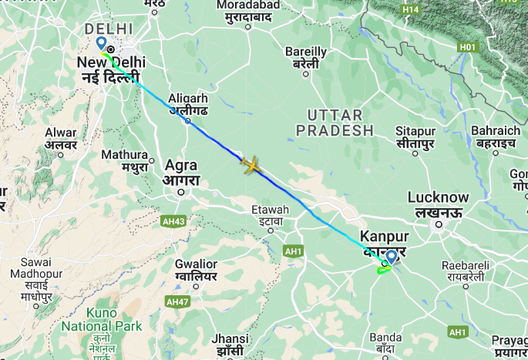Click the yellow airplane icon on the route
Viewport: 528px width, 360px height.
(x=250, y=164)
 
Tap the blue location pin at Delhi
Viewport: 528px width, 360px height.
(x=101, y=43)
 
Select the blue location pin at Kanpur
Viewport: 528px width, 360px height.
(x=391, y=256)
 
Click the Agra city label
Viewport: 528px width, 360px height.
(x=180, y=166)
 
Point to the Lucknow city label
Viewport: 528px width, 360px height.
(x=438, y=197)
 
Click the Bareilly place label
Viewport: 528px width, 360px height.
(x=306, y=52)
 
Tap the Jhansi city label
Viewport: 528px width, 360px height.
(x=231, y=339)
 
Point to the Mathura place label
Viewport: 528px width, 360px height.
(x=124, y=155)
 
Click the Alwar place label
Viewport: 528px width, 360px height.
(x=61, y=133)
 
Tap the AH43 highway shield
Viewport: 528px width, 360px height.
(x=173, y=222)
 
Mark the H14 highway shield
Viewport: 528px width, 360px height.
(x=410, y=8)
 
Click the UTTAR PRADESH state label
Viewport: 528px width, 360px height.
(x=340, y=123)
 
